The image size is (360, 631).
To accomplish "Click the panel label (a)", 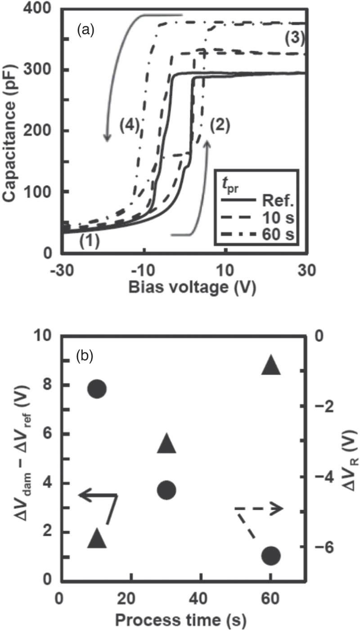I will pyautogui.click(x=85, y=30).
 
